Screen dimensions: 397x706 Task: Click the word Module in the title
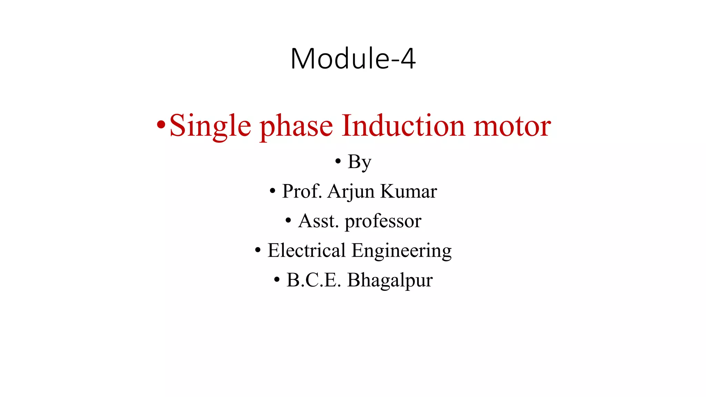pyautogui.click(x=340, y=59)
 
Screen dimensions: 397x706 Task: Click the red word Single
pyautogui.click(x=210, y=126)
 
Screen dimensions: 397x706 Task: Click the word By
pyautogui.click(x=360, y=162)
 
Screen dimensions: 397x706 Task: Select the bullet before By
pyautogui.click(x=338, y=161)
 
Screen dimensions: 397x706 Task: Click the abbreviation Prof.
pyautogui.click(x=302, y=191)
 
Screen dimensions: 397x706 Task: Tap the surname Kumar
pyautogui.click(x=409, y=191)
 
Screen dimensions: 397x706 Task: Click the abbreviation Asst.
pyautogui.click(x=318, y=221)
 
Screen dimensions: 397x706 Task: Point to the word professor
pyautogui.click(x=383, y=222)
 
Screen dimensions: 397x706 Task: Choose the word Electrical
pyautogui.click(x=306, y=250)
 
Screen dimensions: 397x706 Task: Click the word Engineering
pyautogui.click(x=401, y=251)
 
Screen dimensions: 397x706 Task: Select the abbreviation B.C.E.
pyautogui.click(x=313, y=280)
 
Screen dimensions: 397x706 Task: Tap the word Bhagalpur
pyautogui.click(x=390, y=281)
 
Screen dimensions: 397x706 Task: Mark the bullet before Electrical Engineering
pyautogui.click(x=258, y=250)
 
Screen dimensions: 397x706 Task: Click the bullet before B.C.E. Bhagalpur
pyautogui.click(x=277, y=280)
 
